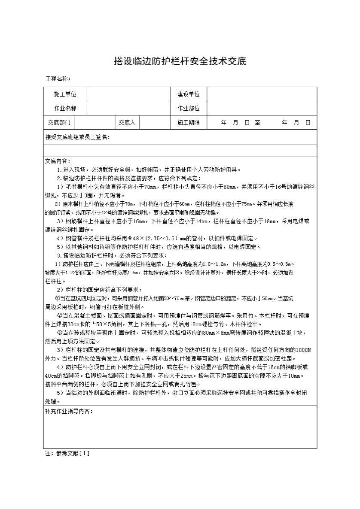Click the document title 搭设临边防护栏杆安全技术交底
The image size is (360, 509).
tap(180, 61)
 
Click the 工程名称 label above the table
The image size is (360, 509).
tap(58, 79)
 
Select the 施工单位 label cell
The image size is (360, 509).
tap(65, 94)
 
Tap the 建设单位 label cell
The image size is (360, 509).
tap(189, 94)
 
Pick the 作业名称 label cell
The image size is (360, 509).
tap(65, 108)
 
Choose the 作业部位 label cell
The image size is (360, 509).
tap(189, 108)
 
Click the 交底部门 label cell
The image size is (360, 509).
tap(59, 122)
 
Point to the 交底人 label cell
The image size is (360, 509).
tap(127, 122)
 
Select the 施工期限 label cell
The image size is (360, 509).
tap(189, 122)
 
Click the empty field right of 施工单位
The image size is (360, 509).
tap(129, 94)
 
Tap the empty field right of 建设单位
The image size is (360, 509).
tap(262, 94)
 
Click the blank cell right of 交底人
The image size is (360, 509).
tap(155, 122)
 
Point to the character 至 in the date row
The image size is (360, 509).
tap(257, 122)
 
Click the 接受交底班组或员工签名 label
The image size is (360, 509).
tap(78, 137)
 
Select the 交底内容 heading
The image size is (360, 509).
tap(58, 161)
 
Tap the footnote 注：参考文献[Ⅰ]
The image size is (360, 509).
tap(67, 453)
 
